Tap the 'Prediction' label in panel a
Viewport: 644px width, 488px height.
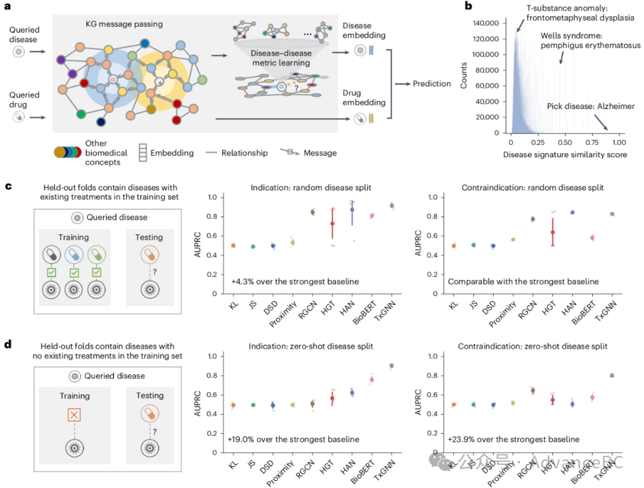pos(432,84)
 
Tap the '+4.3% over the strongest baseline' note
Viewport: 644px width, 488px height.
pos(293,281)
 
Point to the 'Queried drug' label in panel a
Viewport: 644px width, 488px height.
pos(24,99)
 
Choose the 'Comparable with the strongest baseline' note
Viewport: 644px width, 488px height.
pos(523,281)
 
